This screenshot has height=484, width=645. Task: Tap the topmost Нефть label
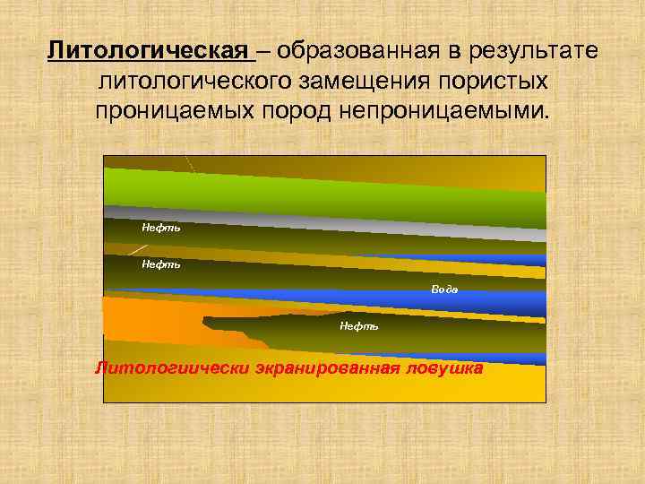[161, 228]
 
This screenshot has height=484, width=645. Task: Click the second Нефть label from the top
[161, 264]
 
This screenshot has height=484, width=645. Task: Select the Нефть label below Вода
[358, 326]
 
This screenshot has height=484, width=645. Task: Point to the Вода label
[444, 290]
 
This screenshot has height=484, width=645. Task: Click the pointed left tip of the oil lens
[205, 318]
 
